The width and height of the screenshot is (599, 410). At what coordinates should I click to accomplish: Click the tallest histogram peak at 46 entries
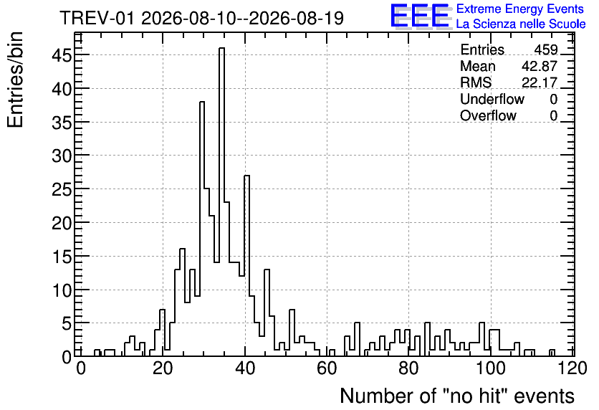point(221,49)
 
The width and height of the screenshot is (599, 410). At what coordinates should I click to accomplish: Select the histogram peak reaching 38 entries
point(202,102)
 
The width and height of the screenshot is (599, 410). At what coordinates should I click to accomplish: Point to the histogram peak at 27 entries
point(246,176)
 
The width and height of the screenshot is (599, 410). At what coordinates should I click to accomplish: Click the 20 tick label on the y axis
point(62,223)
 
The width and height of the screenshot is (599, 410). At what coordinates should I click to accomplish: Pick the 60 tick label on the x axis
point(327,369)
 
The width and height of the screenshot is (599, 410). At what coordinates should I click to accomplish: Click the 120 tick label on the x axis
point(572,369)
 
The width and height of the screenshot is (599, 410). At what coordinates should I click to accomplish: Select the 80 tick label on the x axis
point(408,369)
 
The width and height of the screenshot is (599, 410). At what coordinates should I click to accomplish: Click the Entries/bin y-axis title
point(16,80)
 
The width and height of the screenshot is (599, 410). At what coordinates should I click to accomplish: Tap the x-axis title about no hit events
point(457,396)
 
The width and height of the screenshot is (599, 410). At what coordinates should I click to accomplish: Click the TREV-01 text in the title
point(97,18)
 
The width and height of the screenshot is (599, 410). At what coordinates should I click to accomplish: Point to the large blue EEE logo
point(419,16)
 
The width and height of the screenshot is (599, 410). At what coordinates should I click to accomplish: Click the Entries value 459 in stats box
point(546,49)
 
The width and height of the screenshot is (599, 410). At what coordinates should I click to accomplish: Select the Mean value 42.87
point(540,66)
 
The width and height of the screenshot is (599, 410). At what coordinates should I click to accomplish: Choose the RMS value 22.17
point(540,82)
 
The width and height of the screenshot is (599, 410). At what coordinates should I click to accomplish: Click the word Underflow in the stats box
point(492,99)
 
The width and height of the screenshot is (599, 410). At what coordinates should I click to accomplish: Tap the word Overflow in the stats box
point(488,115)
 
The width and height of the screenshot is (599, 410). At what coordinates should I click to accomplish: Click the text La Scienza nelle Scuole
point(521,24)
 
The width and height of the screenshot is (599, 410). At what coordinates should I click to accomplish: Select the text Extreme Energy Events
point(520,9)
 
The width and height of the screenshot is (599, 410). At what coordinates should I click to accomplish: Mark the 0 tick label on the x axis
point(80,369)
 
